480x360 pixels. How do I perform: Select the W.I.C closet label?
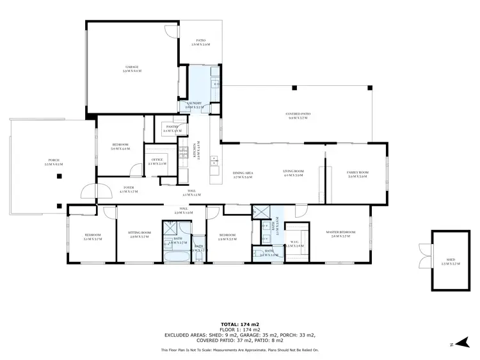click(295, 243)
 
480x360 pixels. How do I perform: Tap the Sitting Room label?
click(139, 235)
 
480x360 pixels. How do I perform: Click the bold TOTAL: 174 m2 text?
click(239, 324)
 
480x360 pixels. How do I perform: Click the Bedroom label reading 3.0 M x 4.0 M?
click(120, 147)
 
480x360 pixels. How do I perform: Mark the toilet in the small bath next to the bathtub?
click(200, 257)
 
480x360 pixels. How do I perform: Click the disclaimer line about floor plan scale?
click(239, 350)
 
